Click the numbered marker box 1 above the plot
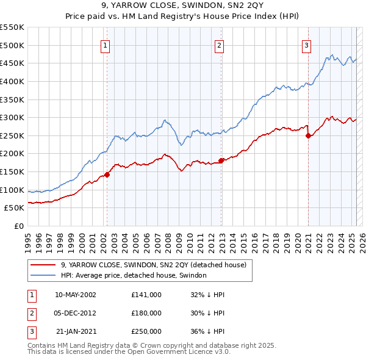point(105,45)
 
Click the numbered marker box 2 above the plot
point(219,45)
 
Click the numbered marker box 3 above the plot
point(306,45)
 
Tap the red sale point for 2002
point(107,175)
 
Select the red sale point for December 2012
point(221,160)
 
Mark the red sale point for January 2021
point(309,135)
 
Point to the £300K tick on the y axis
point(13,117)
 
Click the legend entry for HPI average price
point(134,276)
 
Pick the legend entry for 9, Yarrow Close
point(153,265)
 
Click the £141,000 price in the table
point(146,294)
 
